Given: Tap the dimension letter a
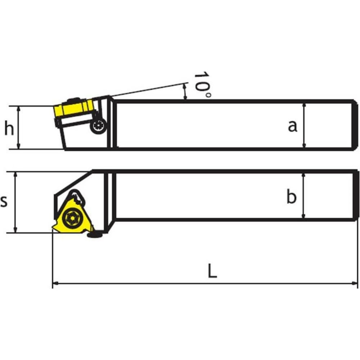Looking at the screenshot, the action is point(292,126).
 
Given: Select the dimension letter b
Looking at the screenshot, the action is point(292,196).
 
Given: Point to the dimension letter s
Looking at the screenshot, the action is point(4,201).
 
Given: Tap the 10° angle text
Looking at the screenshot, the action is point(202,85).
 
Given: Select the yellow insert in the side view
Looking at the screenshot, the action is point(73,108).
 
